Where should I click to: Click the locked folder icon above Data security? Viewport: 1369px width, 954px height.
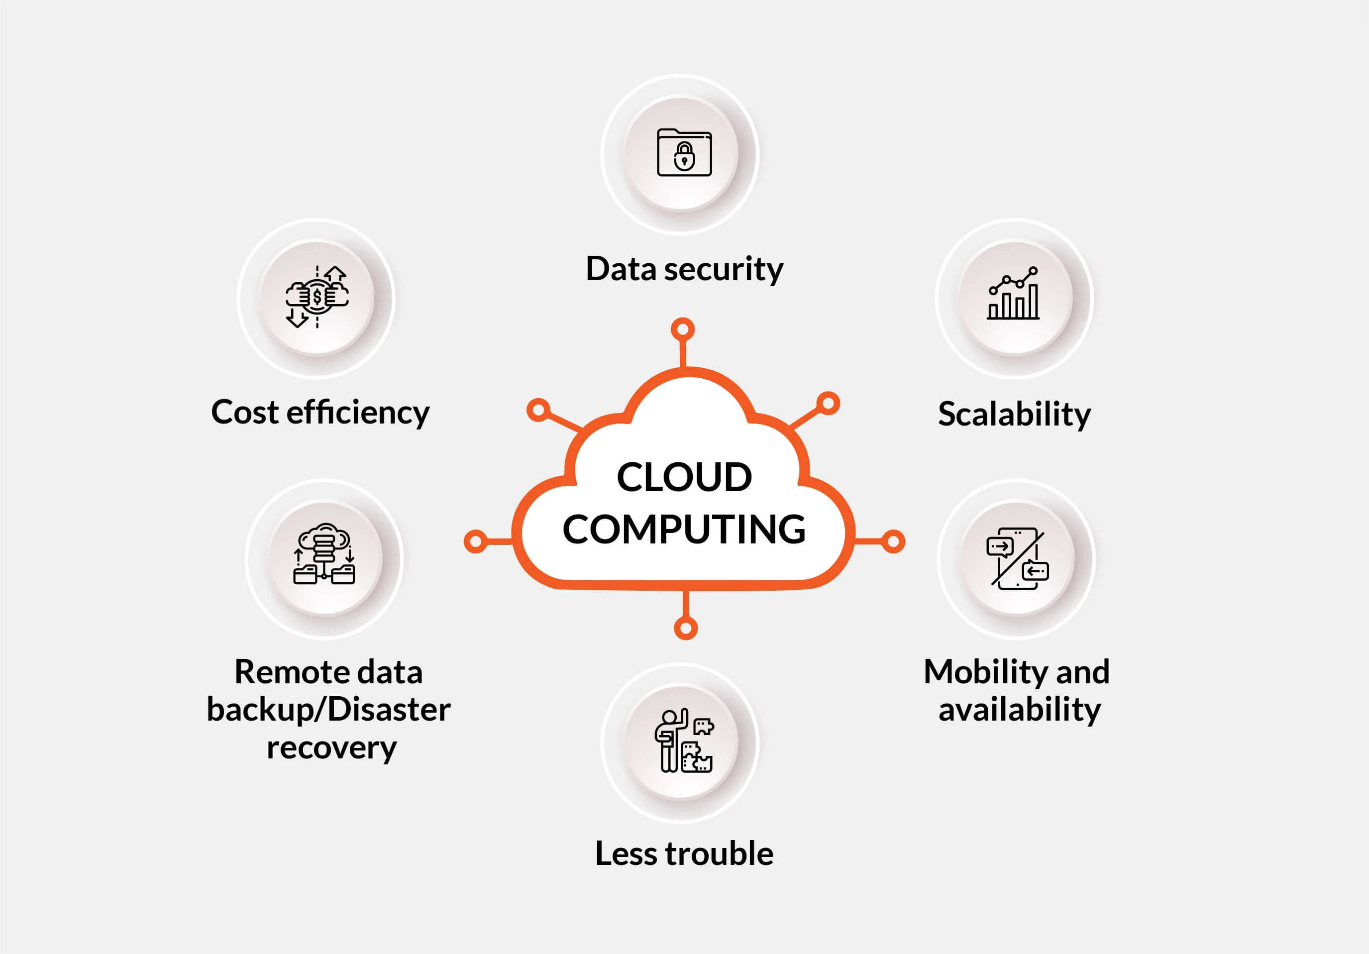[684, 153]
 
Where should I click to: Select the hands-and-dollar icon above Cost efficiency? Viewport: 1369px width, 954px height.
[317, 296]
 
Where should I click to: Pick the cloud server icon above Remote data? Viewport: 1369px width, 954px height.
[324, 554]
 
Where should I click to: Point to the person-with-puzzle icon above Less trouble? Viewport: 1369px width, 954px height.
[683, 741]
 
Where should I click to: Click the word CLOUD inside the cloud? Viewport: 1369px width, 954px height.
[684, 477]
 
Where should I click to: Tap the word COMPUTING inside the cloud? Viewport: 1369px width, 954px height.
[684, 530]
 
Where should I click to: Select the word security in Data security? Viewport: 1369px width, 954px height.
[723, 270]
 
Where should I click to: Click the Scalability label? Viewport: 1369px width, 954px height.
[1014, 414]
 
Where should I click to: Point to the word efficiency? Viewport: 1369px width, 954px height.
[358, 413]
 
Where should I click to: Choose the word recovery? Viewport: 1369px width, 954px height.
[331, 747]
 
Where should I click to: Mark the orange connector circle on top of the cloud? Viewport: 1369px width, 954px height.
[683, 329]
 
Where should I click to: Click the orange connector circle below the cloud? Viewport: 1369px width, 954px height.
[686, 628]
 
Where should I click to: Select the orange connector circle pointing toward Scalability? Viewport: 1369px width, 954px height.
[828, 404]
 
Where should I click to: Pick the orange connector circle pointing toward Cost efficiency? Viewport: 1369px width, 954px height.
[538, 410]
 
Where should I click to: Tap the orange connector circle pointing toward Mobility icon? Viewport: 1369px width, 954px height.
[893, 541]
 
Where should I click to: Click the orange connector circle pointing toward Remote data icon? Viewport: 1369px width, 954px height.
[476, 541]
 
